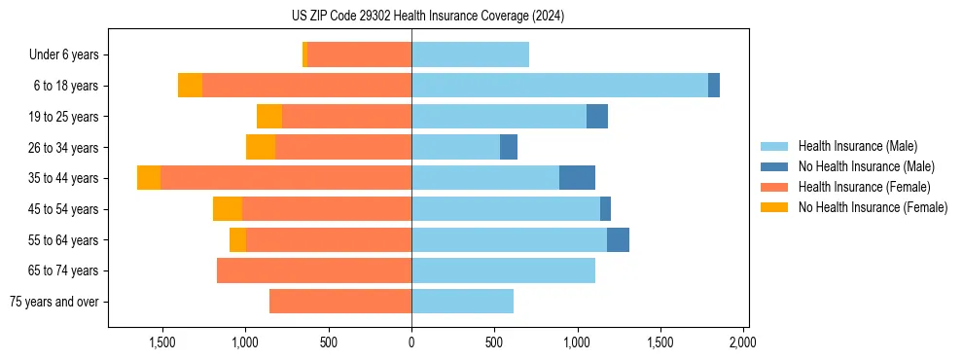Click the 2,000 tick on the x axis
point(743,343)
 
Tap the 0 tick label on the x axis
point(411,343)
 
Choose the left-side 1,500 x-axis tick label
point(161,343)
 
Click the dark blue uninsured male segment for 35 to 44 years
point(577,178)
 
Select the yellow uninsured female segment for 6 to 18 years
point(190,86)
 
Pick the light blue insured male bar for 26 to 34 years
point(455,147)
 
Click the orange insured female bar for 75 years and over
point(340,302)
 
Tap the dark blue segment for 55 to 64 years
point(618,239)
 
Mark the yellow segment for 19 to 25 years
point(269,117)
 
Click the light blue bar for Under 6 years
point(470,54)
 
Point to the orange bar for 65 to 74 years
point(314,270)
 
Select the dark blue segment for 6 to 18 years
point(714,86)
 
